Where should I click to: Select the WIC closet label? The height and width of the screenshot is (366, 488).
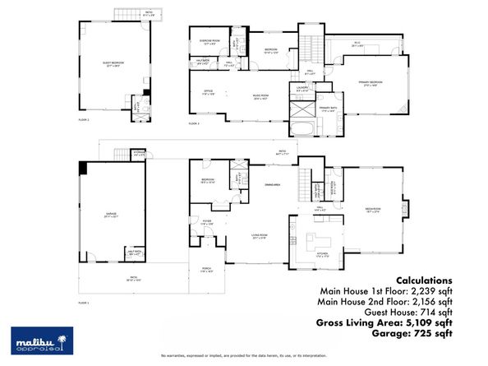click(357, 45)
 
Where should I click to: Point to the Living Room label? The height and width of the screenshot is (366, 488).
click(260, 237)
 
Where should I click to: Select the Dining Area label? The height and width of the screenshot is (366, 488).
click(272, 185)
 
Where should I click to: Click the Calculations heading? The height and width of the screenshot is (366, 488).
click(424, 280)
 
